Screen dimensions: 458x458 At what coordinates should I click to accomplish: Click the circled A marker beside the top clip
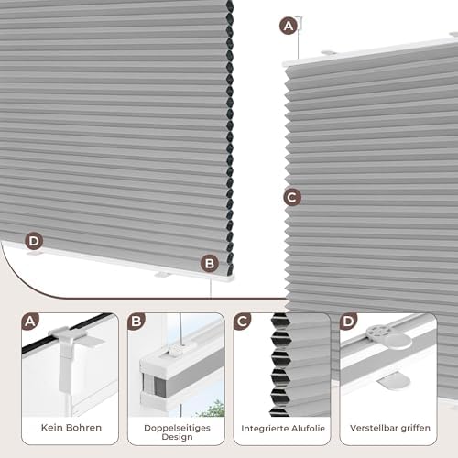coord(289,26)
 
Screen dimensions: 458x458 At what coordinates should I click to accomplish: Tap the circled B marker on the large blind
coord(210,264)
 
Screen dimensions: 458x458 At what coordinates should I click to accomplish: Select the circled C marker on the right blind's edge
coord(292,197)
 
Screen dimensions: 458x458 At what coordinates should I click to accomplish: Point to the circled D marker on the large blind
coord(34,241)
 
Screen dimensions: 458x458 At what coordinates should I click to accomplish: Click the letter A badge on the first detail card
coord(30,322)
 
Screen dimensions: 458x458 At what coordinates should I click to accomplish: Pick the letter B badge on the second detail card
coord(136,322)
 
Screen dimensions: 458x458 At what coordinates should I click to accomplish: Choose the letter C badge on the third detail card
coord(243,322)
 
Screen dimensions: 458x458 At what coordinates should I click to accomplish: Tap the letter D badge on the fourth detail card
coord(348,322)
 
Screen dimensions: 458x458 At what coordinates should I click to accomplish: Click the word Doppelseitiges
coord(177,428)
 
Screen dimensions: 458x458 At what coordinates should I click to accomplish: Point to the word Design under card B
coord(177,437)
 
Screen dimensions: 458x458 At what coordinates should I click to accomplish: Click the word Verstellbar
coord(374,428)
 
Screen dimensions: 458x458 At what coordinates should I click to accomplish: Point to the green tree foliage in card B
coord(213,409)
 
